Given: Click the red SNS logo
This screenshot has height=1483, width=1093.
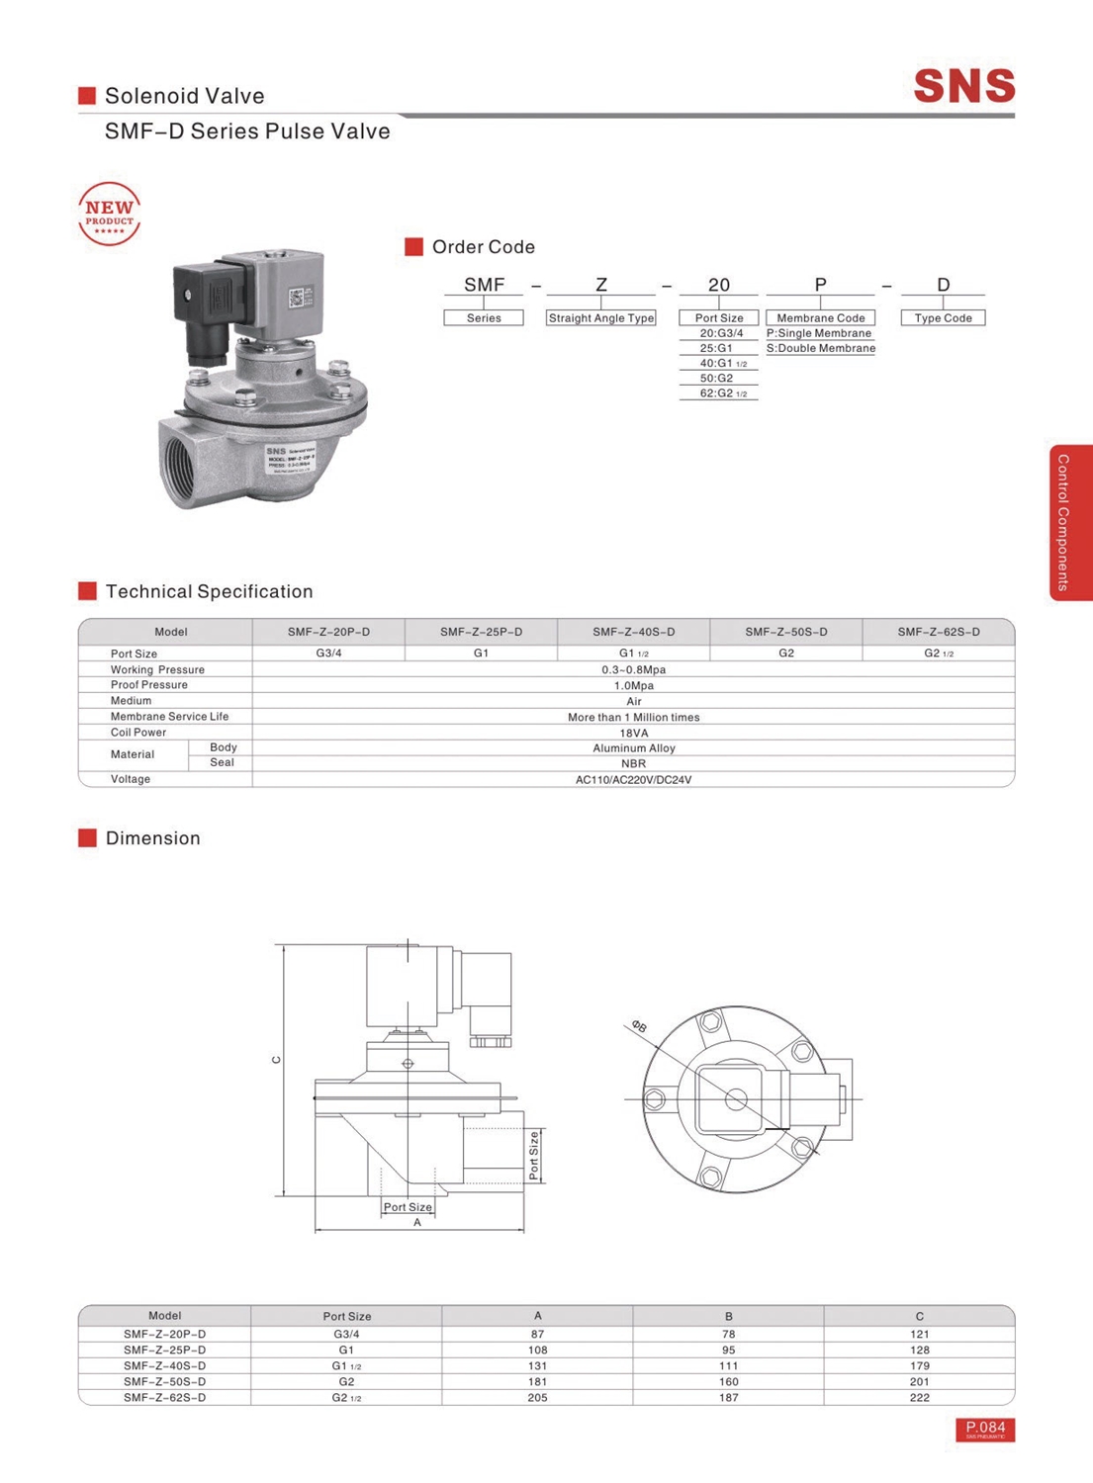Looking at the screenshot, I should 963,86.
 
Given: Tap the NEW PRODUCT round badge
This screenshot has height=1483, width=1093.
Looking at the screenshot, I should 109,214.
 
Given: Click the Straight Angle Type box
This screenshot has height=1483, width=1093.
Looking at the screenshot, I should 600,318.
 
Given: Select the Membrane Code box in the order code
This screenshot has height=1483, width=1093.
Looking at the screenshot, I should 820,318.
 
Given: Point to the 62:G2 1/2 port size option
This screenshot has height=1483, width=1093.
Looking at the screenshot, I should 718,393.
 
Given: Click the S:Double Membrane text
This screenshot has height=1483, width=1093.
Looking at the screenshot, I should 820,349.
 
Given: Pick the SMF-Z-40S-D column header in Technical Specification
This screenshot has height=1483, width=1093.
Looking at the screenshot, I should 633,632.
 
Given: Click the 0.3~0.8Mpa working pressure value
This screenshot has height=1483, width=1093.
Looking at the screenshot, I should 633,669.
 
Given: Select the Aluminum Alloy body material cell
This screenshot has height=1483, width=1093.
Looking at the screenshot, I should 633,748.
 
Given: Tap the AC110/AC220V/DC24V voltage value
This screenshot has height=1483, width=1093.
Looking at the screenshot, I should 633,780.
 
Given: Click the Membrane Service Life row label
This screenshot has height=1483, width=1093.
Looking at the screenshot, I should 169,717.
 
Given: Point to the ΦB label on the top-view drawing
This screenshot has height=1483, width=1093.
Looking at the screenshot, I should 639,1027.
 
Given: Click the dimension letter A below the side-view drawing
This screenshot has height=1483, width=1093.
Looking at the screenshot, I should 417,1223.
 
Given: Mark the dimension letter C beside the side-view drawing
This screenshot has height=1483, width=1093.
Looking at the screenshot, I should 276,1060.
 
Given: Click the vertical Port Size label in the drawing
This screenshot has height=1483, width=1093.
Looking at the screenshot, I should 534,1155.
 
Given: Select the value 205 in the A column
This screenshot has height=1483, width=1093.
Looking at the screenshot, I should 537,1398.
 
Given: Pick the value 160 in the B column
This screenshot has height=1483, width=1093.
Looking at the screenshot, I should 728,1382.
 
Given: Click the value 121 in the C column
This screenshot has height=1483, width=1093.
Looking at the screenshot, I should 919,1335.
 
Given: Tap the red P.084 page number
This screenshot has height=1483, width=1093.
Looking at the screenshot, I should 985,1429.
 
